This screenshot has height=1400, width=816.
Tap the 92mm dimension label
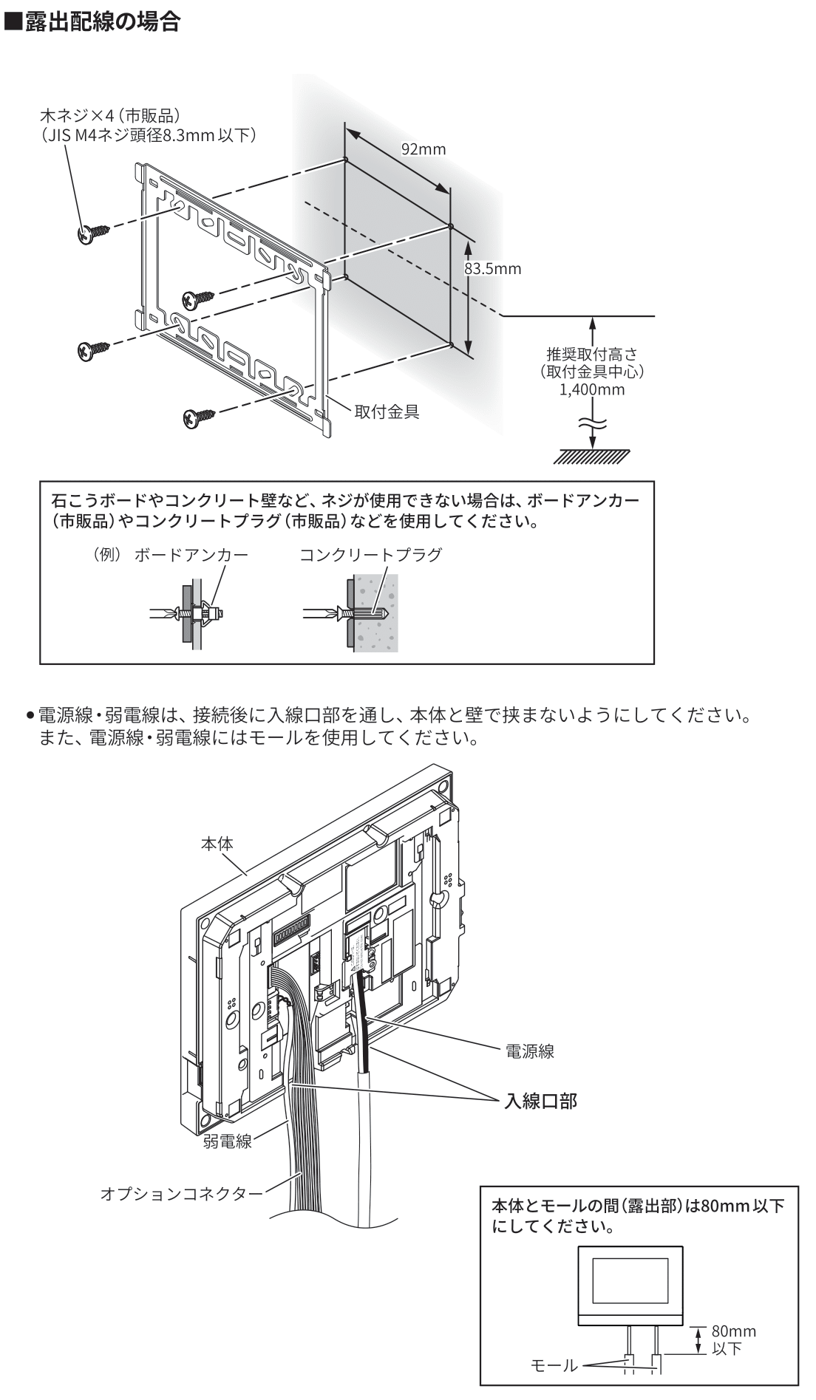(x=424, y=150)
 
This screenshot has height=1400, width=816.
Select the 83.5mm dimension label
(x=492, y=269)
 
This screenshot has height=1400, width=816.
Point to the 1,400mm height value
(x=592, y=389)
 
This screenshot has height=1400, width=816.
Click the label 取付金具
(x=387, y=412)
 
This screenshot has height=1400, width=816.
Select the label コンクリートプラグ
(x=370, y=555)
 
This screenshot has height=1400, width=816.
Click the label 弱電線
(x=227, y=1142)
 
